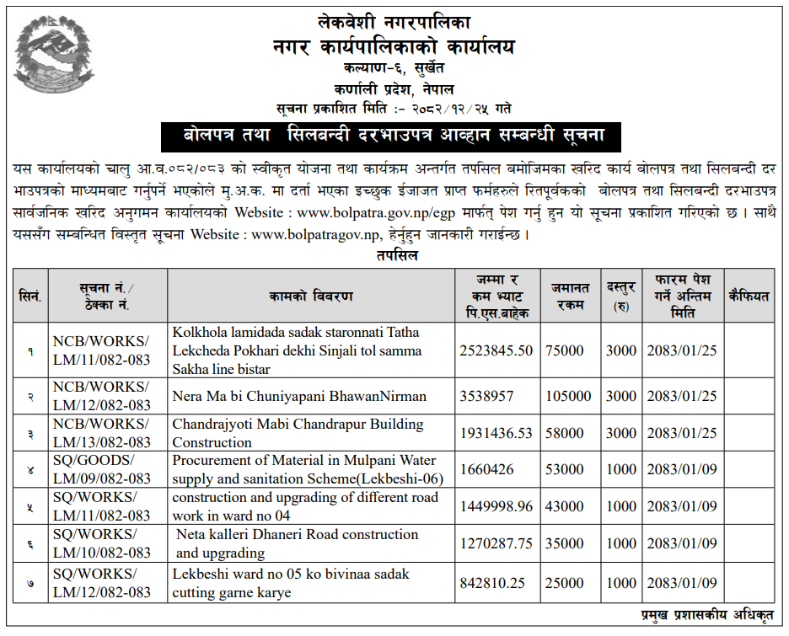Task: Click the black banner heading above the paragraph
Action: pyautogui.click(x=394, y=135)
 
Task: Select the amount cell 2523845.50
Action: pyautogui.click(x=496, y=350)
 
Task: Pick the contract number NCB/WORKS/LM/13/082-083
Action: pyautogui.click(x=101, y=433)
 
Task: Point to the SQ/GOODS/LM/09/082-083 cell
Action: pyautogui.click(x=101, y=470)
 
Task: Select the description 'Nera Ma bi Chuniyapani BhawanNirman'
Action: pyautogui.click(x=299, y=396)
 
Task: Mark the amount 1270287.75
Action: pyautogui.click(x=496, y=543)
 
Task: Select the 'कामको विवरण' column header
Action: pyautogui.click(x=311, y=296)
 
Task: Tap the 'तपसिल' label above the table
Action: pyautogui.click(x=394, y=255)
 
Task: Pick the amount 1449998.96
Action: pyautogui.click(x=496, y=506)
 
